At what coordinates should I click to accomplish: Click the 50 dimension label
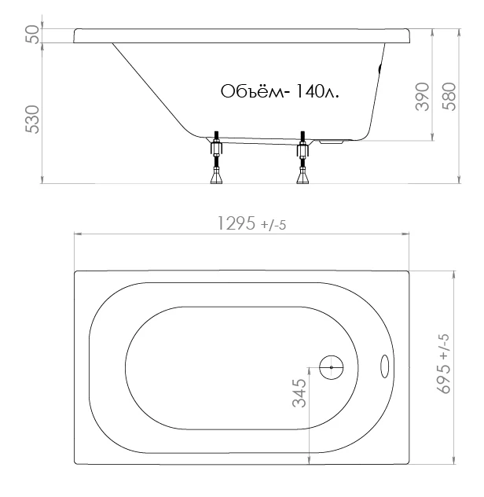34,35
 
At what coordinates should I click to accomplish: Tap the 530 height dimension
33,120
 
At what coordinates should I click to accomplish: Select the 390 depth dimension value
423,97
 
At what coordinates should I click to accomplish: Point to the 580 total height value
449,97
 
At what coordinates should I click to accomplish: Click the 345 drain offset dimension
299,393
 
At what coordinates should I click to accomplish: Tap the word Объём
252,91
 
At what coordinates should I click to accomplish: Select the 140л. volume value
317,91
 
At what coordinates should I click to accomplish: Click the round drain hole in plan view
332,367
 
